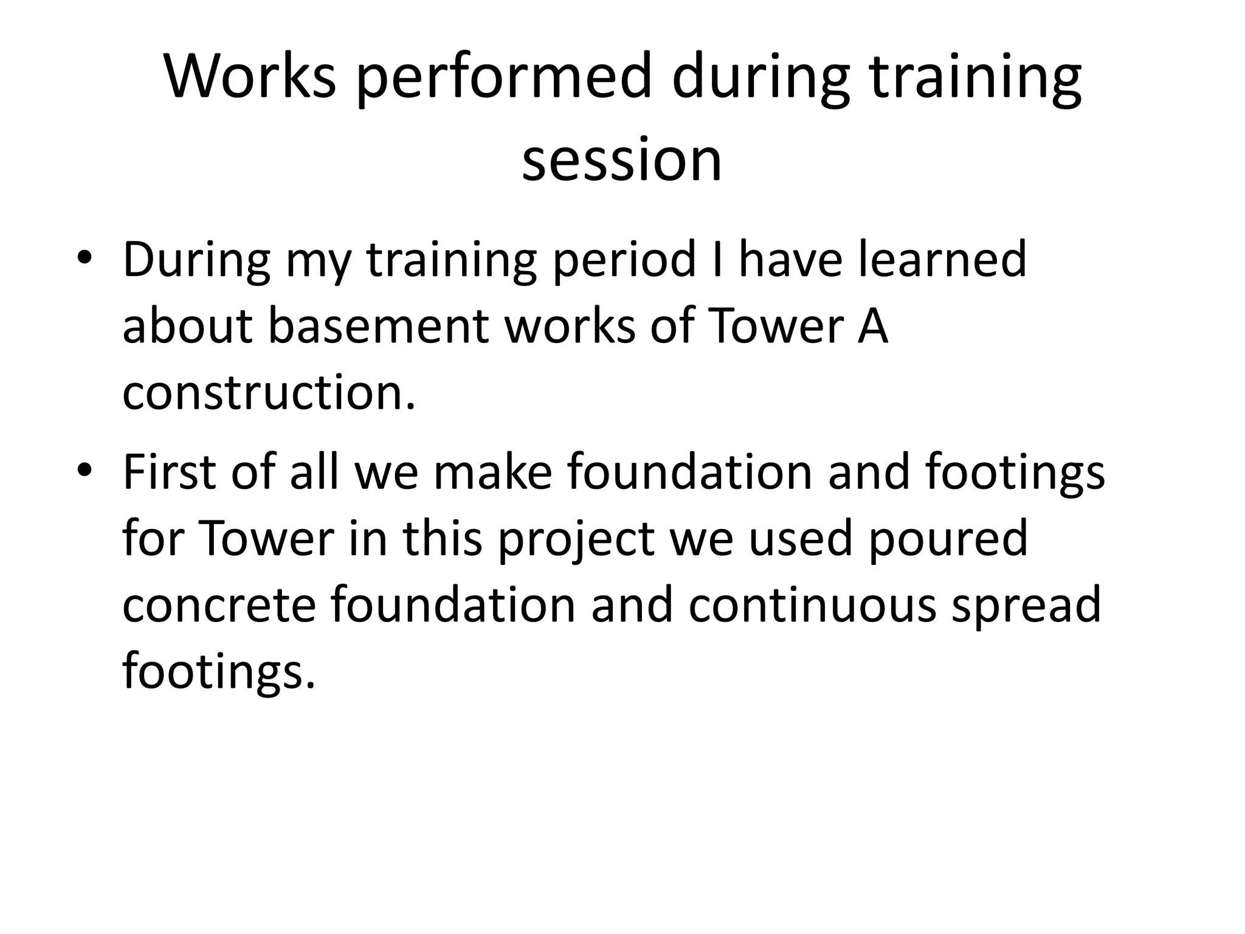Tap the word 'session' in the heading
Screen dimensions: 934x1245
[622, 160]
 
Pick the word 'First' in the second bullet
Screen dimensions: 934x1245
[169, 472]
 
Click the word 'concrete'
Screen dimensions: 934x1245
[219, 606]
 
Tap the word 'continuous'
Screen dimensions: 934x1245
[812, 606]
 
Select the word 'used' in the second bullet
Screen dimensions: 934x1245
[800, 539]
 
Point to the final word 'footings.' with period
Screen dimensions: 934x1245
[219, 674]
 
